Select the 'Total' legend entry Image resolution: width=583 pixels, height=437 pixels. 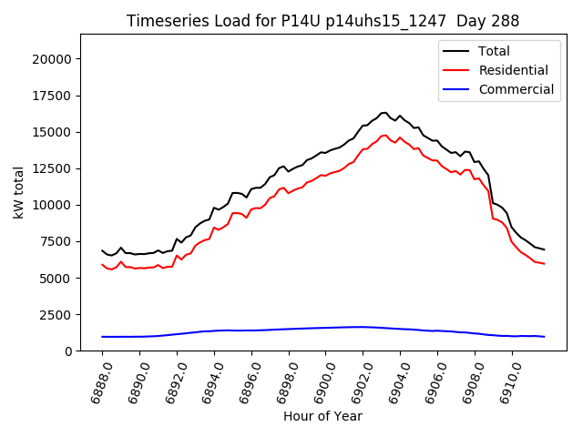494,51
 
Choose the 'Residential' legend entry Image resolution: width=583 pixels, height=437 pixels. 513,70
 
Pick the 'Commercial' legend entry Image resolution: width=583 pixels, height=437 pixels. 516,89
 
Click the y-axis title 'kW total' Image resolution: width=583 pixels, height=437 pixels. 18,192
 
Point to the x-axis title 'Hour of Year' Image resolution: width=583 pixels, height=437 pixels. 322,416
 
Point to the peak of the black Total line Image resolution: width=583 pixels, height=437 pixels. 384,112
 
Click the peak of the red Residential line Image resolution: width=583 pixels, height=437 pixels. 384,135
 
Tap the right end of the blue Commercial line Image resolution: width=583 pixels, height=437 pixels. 544,337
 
